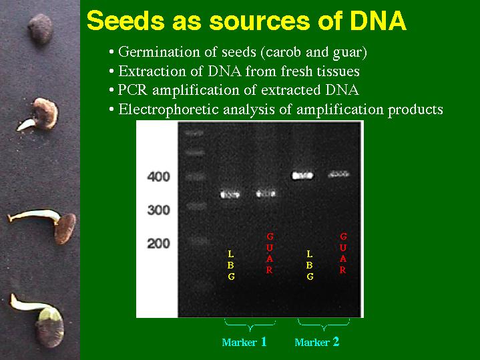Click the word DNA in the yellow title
[378, 21]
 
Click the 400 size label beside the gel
[158, 177]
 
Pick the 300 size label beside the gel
[158, 210]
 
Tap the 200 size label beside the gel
[158, 244]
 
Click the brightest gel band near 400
[302, 176]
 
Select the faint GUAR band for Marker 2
[338, 174]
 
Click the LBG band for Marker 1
[230, 194]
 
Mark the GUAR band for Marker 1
[266, 194]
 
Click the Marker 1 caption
[244, 342]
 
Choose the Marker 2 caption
[317, 342]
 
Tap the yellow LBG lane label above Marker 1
[231, 265]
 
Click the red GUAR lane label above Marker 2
[343, 253]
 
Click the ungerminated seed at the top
[41, 29]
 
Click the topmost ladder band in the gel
[194, 133]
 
